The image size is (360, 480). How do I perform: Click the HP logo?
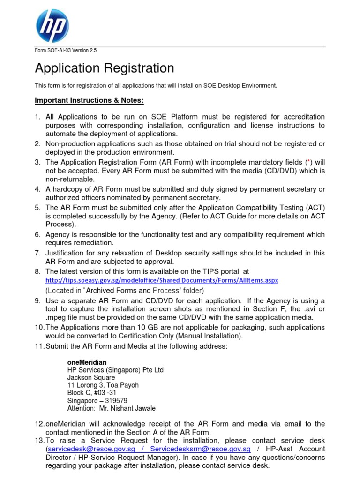point(52,26)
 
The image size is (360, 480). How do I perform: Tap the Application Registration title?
point(105,68)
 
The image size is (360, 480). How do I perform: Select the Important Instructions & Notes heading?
point(89,101)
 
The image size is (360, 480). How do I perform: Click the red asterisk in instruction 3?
point(307,162)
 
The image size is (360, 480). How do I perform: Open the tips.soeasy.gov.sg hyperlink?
point(162,280)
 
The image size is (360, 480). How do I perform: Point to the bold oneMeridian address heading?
point(87,362)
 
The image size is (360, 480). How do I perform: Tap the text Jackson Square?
point(91,377)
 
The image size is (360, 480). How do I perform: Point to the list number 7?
point(38,253)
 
